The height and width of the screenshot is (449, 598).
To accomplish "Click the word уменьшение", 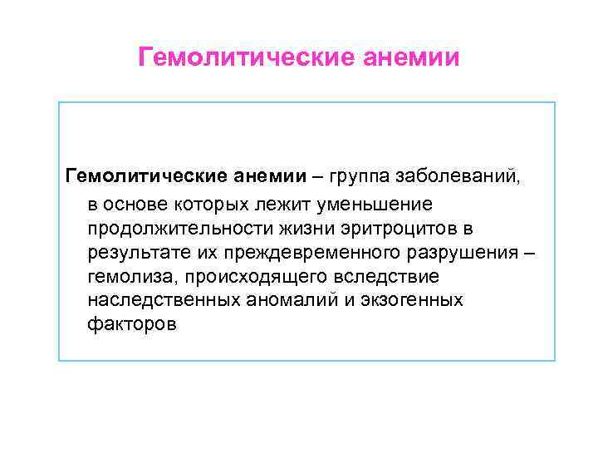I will (x=385, y=202).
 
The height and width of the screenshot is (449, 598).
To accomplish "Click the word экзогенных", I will (x=413, y=299).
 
